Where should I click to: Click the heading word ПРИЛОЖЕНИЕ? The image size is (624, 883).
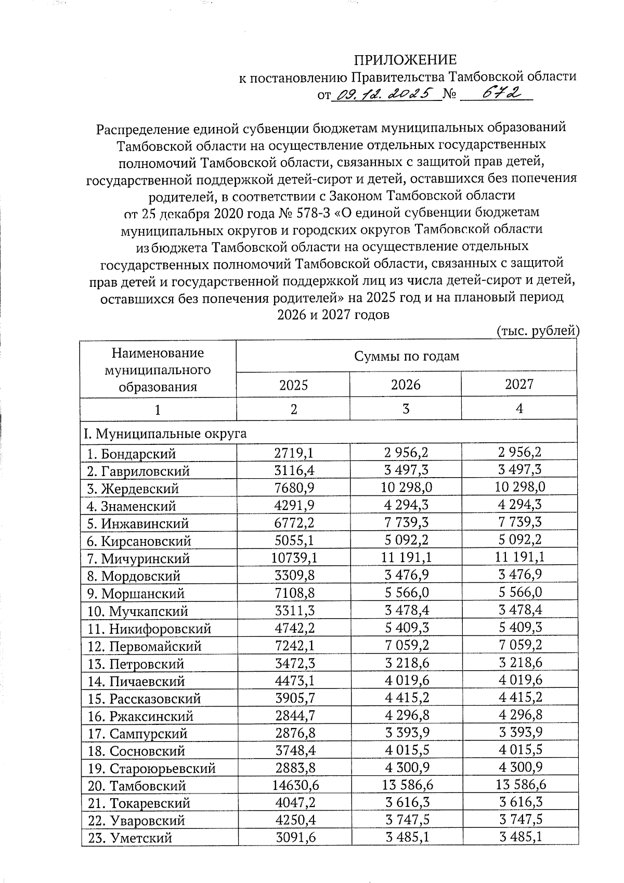[x=405, y=59]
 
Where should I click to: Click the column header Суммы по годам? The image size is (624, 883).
[x=406, y=356]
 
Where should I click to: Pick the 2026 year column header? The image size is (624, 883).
[x=406, y=385]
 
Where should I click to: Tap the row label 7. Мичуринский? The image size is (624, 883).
[x=138, y=559]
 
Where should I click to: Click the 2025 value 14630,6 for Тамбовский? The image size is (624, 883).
[x=294, y=786]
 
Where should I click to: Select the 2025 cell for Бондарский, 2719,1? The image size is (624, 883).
[x=294, y=453]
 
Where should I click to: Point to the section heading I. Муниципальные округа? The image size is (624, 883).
[x=164, y=433]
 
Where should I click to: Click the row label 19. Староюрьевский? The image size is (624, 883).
[x=151, y=769]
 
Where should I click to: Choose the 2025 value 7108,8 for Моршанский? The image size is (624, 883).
[x=294, y=593]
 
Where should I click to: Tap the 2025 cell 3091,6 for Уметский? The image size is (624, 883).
[x=294, y=838]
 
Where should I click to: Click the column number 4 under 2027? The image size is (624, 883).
[x=519, y=409]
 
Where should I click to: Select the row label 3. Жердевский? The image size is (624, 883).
[x=133, y=489]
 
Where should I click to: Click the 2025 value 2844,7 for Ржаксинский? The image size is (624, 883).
[x=294, y=716]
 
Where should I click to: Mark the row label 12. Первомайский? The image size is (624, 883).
[x=145, y=646]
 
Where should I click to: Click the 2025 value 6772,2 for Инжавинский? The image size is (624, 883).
[x=294, y=523]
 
